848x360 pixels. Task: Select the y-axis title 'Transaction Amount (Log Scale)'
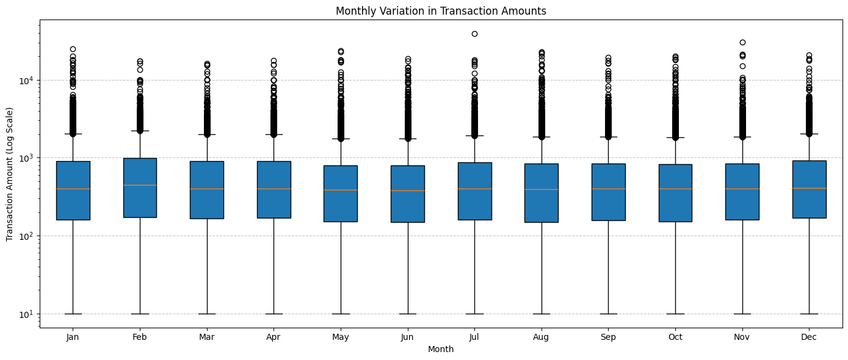pyautogui.click(x=10, y=174)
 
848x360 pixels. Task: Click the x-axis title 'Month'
pyautogui.click(x=440, y=349)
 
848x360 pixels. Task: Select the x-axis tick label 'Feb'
pyautogui.click(x=140, y=337)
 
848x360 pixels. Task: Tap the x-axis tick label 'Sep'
pyautogui.click(x=608, y=337)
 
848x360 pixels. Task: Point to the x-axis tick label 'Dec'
pyautogui.click(x=809, y=337)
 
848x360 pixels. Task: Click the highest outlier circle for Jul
pyautogui.click(x=474, y=34)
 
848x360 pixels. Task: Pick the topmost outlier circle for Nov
pyautogui.click(x=742, y=42)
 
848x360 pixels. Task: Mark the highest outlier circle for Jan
pyautogui.click(x=73, y=49)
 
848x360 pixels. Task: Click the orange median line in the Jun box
pyautogui.click(x=408, y=190)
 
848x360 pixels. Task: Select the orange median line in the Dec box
pyautogui.click(x=809, y=188)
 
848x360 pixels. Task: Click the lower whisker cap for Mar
pyautogui.click(x=207, y=314)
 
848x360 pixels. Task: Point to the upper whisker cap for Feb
pyautogui.click(x=140, y=131)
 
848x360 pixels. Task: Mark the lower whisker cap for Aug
pyautogui.click(x=542, y=314)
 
